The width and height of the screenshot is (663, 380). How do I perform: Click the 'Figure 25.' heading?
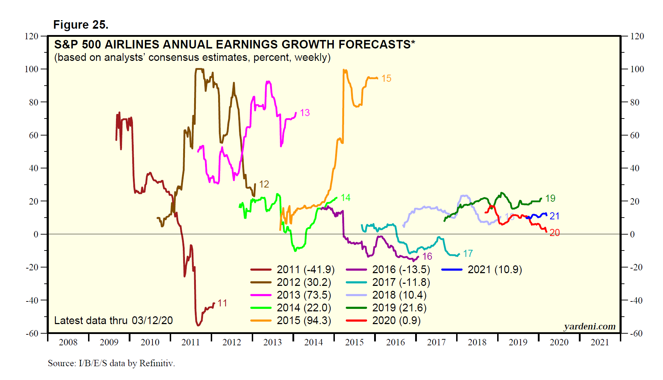[x=81, y=25]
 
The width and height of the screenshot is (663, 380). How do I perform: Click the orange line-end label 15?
[x=386, y=79]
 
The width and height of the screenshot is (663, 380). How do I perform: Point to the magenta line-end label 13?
[x=305, y=113]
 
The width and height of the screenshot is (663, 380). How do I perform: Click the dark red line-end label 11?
[x=222, y=303]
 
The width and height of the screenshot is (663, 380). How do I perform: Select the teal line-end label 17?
[x=468, y=254]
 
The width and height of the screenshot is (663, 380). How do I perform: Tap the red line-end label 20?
[x=554, y=233]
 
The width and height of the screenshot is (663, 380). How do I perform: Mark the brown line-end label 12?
[x=264, y=184]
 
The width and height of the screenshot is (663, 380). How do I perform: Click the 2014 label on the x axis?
[x=313, y=342]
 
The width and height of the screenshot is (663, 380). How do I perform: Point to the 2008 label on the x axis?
[x=68, y=342]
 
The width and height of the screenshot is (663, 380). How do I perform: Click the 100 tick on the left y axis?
[x=31, y=69]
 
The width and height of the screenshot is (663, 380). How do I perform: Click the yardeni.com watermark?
[x=589, y=327]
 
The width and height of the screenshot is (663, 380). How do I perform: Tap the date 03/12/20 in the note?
[x=152, y=321]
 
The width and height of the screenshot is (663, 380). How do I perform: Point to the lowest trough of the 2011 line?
[x=198, y=325]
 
